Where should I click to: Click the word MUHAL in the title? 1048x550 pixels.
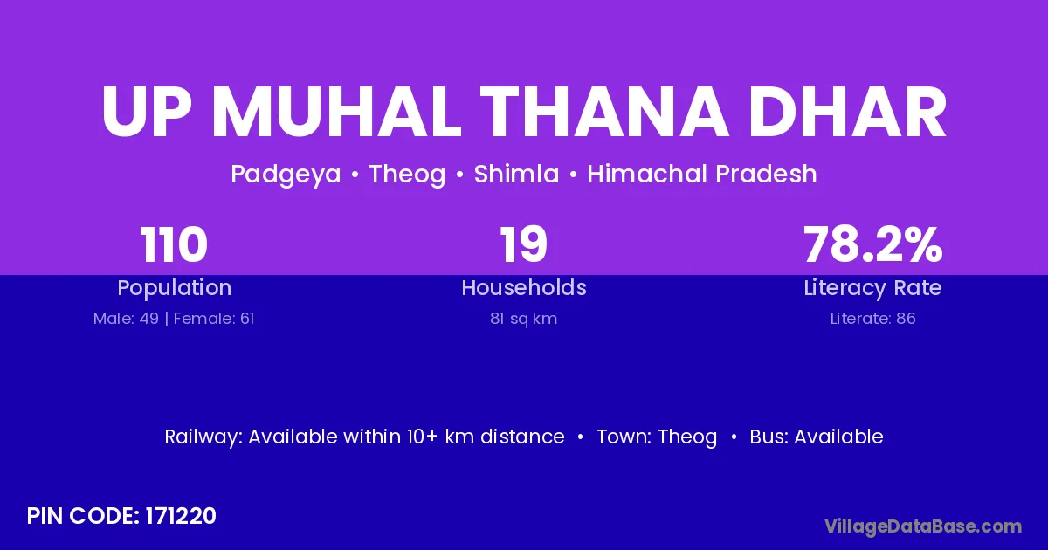click(x=337, y=113)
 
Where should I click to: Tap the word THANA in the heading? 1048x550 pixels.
click(x=603, y=113)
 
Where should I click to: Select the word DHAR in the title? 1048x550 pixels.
click(x=848, y=113)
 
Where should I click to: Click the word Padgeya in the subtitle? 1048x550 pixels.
click(x=286, y=175)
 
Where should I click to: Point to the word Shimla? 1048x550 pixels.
click(x=516, y=174)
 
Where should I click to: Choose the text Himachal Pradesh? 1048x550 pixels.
click(x=702, y=174)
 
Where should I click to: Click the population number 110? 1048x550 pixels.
click(x=174, y=244)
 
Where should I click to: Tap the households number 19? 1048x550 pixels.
click(x=523, y=244)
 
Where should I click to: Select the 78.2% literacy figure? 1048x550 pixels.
click(x=873, y=244)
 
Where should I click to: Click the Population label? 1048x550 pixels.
click(x=175, y=288)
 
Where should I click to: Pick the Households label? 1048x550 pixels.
click(x=524, y=287)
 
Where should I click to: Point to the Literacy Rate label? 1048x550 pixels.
click(x=872, y=288)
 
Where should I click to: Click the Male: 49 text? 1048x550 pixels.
click(x=126, y=319)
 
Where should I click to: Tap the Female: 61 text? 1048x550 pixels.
click(x=214, y=319)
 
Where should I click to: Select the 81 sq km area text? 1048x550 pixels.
click(x=523, y=319)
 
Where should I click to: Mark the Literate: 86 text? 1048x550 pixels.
click(x=872, y=319)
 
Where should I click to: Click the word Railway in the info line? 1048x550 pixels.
click(x=203, y=437)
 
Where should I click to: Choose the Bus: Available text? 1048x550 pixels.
click(x=817, y=437)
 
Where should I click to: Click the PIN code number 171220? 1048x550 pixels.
click(x=181, y=516)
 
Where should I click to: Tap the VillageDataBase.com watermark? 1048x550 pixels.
click(x=923, y=527)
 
